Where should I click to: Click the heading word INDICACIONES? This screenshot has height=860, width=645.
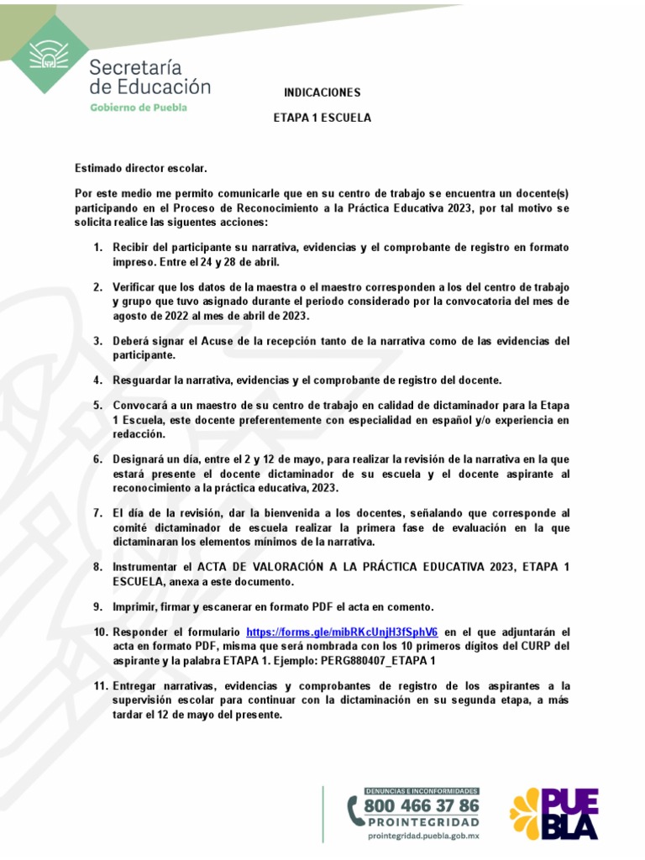pyautogui.click(x=322, y=92)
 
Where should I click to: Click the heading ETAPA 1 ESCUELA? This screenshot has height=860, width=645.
pyautogui.click(x=322, y=118)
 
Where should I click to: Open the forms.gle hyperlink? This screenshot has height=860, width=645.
pyautogui.click(x=342, y=632)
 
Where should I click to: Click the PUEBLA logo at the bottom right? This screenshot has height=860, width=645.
pyautogui.click(x=554, y=812)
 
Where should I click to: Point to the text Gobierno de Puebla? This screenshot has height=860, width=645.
pyautogui.click(x=139, y=107)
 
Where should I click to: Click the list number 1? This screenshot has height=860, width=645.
pyautogui.click(x=97, y=248)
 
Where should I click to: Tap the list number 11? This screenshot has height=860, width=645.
pyautogui.click(x=100, y=686)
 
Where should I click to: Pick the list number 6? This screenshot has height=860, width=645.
pyautogui.click(x=97, y=459)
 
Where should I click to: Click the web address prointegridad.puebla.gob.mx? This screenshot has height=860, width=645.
pyautogui.click(x=423, y=836)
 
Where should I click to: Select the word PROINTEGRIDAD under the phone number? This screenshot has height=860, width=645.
pyautogui.click(x=423, y=822)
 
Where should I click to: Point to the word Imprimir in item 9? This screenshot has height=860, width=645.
pyautogui.click(x=136, y=606)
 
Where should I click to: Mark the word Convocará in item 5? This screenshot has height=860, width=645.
pyautogui.click(x=141, y=405)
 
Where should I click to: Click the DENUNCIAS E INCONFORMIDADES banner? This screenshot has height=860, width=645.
pyautogui.click(x=422, y=790)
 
